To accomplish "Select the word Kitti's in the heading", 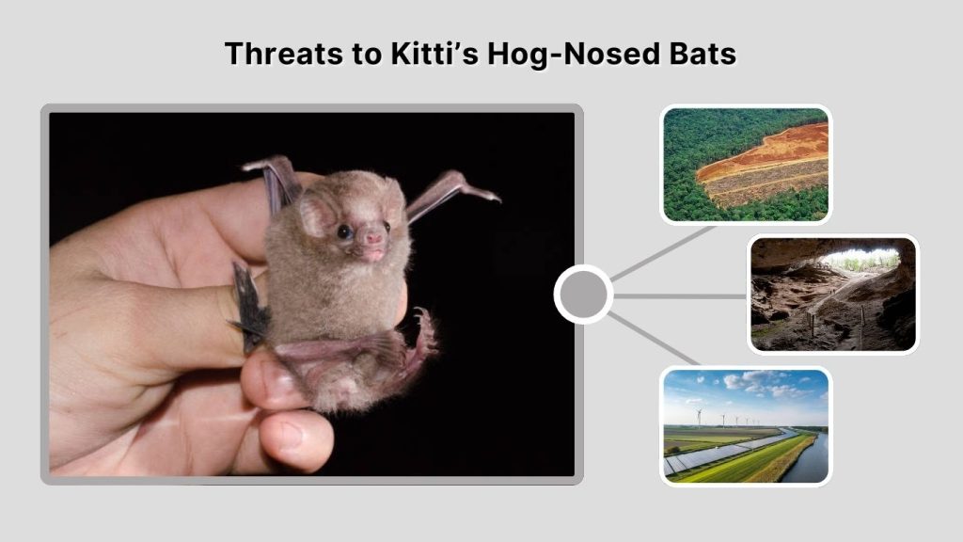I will (x=430, y=55).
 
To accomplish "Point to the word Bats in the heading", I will (x=697, y=55).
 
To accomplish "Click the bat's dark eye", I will (x=345, y=231).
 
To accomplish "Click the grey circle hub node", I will (x=583, y=295).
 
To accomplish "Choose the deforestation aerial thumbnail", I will (x=746, y=165).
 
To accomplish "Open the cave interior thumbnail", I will (x=833, y=294).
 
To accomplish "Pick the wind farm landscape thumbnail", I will (x=746, y=426).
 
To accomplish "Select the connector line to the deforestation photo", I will (x=663, y=252).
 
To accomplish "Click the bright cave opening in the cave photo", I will (x=860, y=259).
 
